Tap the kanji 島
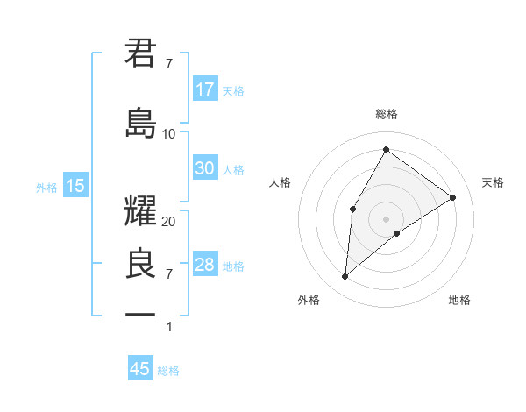point(141,123)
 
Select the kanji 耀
point(141,212)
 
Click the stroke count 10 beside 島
point(169,133)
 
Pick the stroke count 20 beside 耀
point(169,222)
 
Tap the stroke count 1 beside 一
point(169,327)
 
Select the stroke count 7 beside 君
point(169,63)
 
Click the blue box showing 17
point(205,89)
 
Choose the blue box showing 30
point(205,169)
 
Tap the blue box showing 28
point(205,265)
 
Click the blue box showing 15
point(75,186)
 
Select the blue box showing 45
point(140,369)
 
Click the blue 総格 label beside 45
point(168,371)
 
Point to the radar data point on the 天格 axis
point(453,197)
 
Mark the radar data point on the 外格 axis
point(345,277)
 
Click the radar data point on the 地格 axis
point(397,233)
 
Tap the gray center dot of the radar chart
point(386,217)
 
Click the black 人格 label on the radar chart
point(281,182)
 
